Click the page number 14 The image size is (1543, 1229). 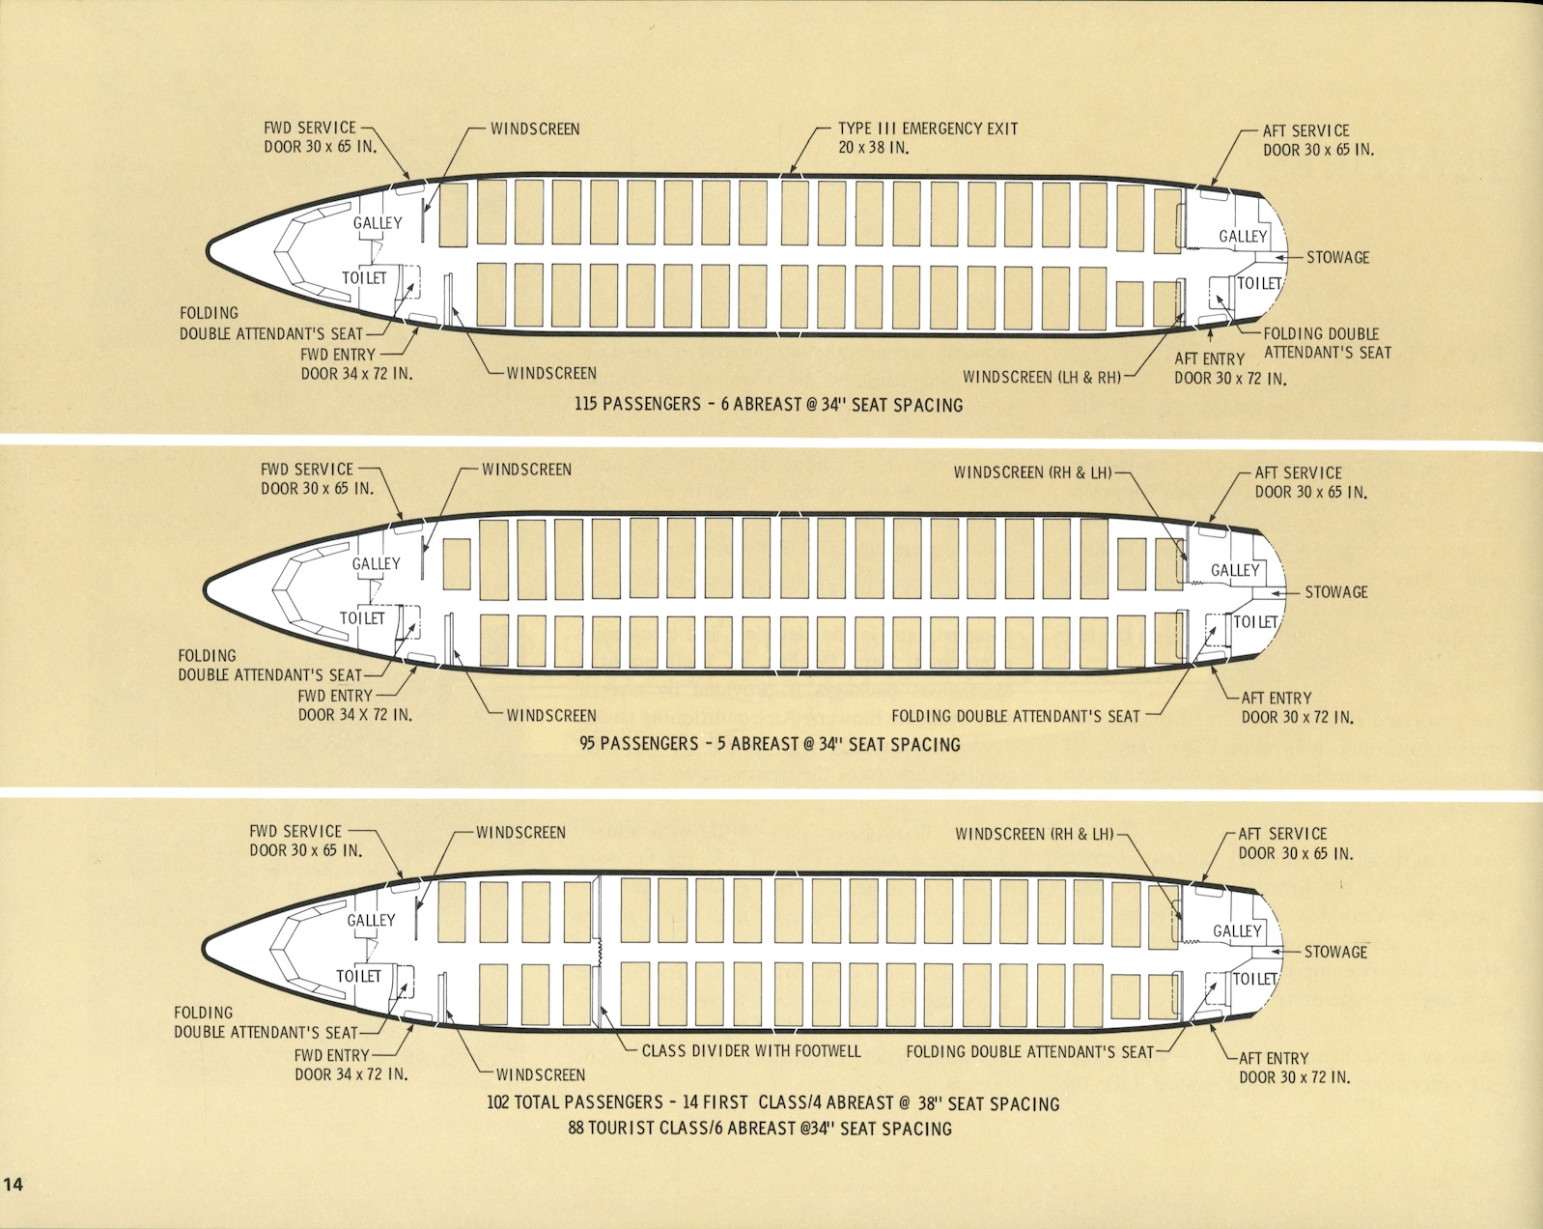13,1185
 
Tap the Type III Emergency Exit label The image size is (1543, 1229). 927,137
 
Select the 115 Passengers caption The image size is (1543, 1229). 769,405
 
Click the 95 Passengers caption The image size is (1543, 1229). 770,744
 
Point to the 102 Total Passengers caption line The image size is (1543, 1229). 772,1102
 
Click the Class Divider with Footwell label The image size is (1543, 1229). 751,1050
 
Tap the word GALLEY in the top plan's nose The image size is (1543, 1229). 378,223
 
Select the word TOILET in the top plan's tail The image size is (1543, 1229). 1259,283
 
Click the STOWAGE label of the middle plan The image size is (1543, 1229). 1336,592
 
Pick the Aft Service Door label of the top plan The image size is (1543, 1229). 1318,140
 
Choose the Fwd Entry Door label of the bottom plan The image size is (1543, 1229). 351,1065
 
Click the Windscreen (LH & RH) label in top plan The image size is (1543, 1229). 1042,377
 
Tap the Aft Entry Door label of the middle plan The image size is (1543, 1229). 1297,707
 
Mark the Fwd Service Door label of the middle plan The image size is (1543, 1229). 317,478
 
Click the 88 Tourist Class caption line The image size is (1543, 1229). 760,1128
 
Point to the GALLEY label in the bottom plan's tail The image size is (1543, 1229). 1237,930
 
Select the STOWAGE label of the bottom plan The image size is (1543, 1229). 1335,952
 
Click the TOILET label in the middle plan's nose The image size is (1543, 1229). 362,618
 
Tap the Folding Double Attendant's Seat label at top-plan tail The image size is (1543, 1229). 1327,343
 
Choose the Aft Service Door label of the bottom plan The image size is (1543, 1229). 1296,843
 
